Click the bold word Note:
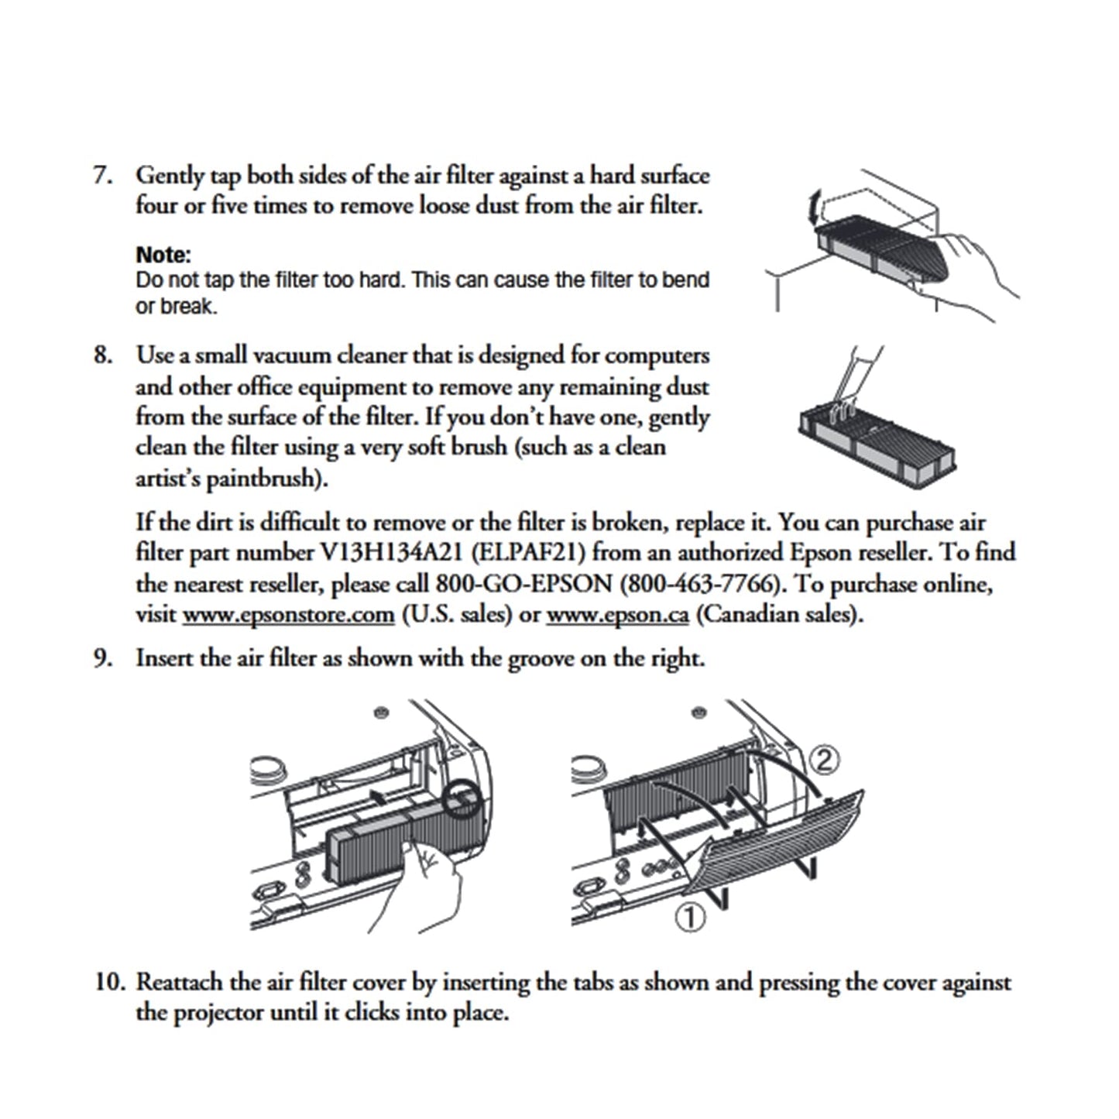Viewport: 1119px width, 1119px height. click(163, 255)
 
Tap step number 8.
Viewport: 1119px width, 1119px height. click(102, 355)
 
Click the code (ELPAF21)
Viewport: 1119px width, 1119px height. click(527, 553)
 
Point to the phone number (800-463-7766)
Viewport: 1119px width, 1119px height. click(701, 583)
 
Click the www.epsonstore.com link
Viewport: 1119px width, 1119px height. click(288, 615)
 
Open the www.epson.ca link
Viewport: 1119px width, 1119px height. click(617, 615)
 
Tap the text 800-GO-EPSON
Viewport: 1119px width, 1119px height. click(523, 583)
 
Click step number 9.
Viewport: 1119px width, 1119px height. click(102, 658)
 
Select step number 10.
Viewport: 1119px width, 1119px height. click(109, 982)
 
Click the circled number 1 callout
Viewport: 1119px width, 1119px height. click(690, 918)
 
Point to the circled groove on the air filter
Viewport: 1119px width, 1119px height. click(462, 798)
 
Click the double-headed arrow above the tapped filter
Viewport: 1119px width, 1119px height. click(812, 208)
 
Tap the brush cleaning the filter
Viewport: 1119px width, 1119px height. click(856, 379)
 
